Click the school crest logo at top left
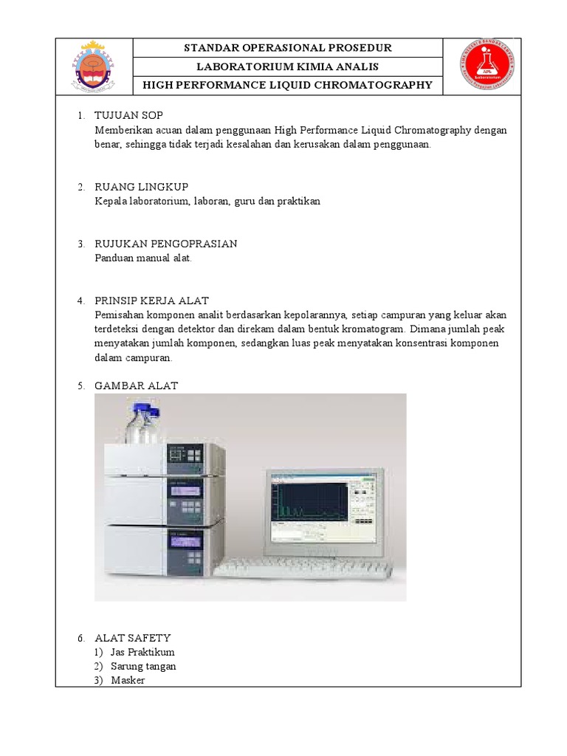(x=93, y=66)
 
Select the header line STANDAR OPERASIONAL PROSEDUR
(x=287, y=48)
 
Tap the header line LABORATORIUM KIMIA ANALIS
(x=287, y=67)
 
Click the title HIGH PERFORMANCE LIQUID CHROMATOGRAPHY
(x=287, y=85)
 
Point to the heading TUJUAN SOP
(x=128, y=116)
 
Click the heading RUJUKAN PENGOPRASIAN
(x=165, y=244)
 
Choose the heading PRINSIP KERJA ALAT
(x=151, y=300)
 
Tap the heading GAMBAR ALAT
(x=136, y=386)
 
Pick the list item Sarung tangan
(x=143, y=666)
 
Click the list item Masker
(x=128, y=680)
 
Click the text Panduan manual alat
(x=142, y=258)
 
